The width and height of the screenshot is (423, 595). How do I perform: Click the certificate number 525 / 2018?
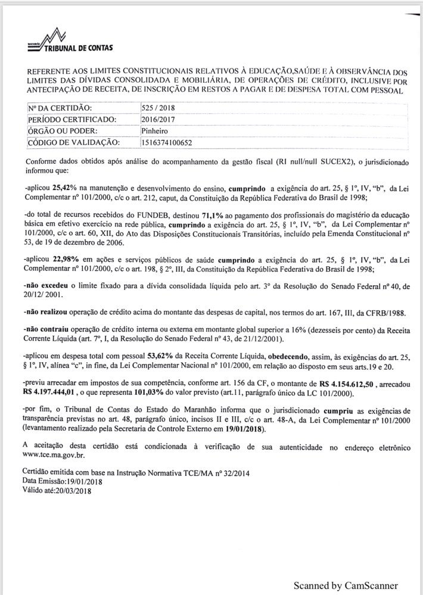[155, 108]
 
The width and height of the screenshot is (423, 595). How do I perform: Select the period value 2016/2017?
[156, 119]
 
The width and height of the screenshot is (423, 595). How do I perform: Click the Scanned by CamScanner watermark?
[345, 585]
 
